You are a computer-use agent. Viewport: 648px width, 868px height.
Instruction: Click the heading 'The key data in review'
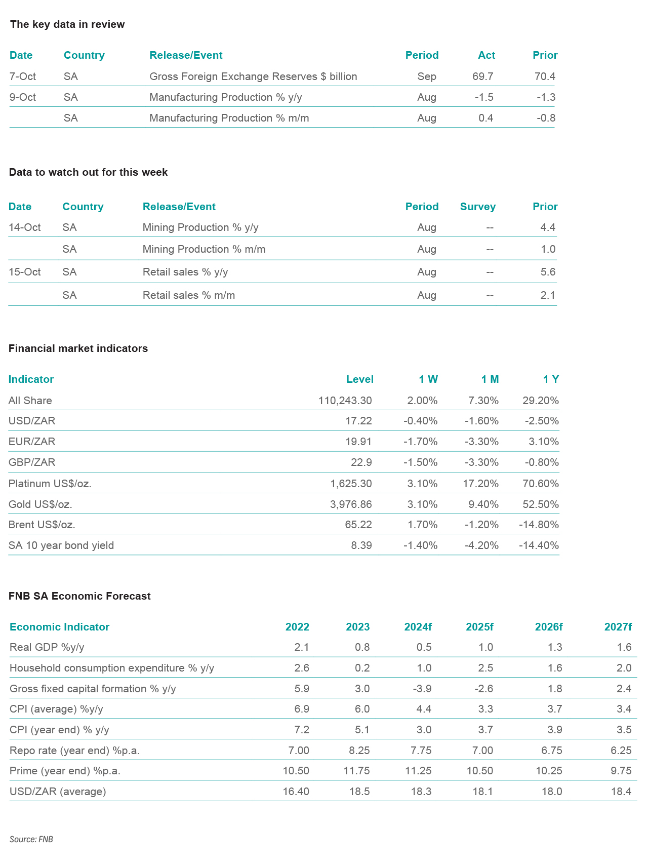[67, 24]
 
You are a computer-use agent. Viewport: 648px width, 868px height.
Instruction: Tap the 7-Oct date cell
[23, 76]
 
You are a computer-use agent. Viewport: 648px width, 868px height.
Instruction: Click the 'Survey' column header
[477, 207]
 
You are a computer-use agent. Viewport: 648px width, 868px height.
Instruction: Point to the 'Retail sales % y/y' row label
[185, 272]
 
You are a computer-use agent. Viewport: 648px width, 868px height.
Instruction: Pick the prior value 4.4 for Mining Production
[548, 227]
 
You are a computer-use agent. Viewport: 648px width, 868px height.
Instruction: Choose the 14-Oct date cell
[25, 227]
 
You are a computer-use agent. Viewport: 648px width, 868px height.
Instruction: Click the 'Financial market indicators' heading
[78, 348]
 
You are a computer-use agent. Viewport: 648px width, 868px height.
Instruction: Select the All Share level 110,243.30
[345, 401]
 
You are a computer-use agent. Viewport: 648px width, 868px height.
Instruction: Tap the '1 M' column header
[490, 379]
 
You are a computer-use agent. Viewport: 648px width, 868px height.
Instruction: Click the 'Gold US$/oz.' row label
[40, 504]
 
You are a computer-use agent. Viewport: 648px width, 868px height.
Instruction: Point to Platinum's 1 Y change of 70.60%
[541, 484]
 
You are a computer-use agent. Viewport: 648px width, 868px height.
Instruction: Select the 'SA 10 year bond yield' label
[61, 545]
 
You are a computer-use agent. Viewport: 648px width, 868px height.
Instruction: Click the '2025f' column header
[479, 627]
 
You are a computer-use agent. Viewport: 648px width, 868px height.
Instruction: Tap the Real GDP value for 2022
[302, 647]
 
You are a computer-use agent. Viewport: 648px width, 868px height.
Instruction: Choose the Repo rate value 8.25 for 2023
[358, 751]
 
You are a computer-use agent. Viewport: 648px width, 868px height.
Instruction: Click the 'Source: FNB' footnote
[31, 839]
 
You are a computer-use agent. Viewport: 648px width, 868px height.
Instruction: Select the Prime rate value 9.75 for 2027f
[621, 771]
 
